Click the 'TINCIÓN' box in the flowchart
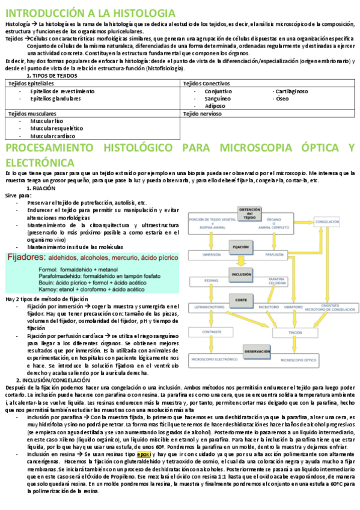[x=294, y=331]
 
